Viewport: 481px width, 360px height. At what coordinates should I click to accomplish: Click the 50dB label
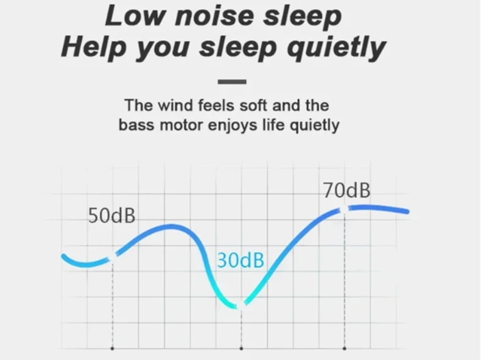(x=111, y=216)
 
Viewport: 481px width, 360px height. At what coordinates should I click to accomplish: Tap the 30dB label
(x=240, y=260)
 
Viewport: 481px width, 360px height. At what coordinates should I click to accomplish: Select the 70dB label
(x=346, y=190)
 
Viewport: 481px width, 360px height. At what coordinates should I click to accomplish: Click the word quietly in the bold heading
(x=336, y=49)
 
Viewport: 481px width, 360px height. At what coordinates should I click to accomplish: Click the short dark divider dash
(x=232, y=82)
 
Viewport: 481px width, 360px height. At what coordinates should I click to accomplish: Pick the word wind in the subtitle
(x=175, y=105)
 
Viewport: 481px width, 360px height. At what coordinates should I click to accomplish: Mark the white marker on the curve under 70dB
(x=345, y=210)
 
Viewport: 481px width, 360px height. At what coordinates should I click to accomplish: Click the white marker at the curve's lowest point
(x=242, y=306)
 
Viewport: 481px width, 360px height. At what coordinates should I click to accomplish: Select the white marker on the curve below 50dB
(x=113, y=258)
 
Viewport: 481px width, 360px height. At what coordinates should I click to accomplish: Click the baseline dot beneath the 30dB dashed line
(x=242, y=348)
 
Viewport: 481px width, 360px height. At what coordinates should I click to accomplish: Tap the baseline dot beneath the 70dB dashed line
(x=345, y=348)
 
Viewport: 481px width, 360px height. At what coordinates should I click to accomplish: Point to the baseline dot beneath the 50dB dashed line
(x=113, y=348)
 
